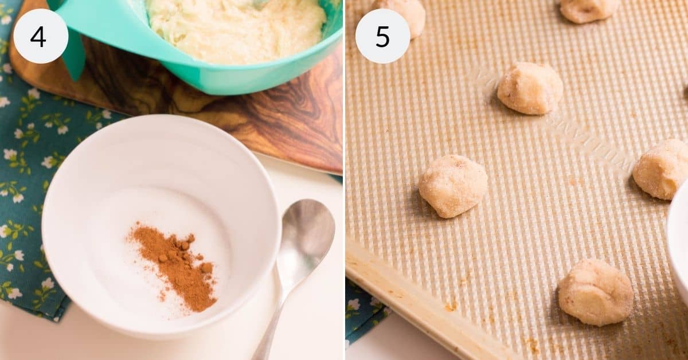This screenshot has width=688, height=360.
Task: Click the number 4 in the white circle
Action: click(x=38, y=37)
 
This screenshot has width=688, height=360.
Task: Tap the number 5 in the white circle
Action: click(x=382, y=37)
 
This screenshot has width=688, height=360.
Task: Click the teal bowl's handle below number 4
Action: click(x=75, y=57)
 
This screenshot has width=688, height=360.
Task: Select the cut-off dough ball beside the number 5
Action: click(x=401, y=14)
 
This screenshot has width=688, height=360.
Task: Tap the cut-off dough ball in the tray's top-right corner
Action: click(x=589, y=9)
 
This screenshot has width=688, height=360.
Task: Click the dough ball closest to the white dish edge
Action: click(x=660, y=169)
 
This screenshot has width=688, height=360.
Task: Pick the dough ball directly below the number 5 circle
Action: click(x=452, y=185)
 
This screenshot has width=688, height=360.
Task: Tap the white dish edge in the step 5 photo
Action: click(x=679, y=241)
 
